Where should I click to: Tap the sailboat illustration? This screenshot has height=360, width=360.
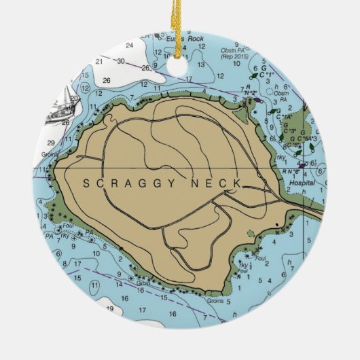point(60,107)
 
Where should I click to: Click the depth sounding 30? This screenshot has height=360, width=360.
point(120,61)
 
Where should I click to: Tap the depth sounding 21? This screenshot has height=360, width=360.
point(99,61)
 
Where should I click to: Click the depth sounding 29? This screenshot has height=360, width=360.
point(52,141)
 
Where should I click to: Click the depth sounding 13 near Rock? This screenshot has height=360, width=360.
point(201,65)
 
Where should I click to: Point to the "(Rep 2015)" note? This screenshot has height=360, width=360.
point(234,57)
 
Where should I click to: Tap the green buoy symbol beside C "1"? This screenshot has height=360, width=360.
point(255,75)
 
